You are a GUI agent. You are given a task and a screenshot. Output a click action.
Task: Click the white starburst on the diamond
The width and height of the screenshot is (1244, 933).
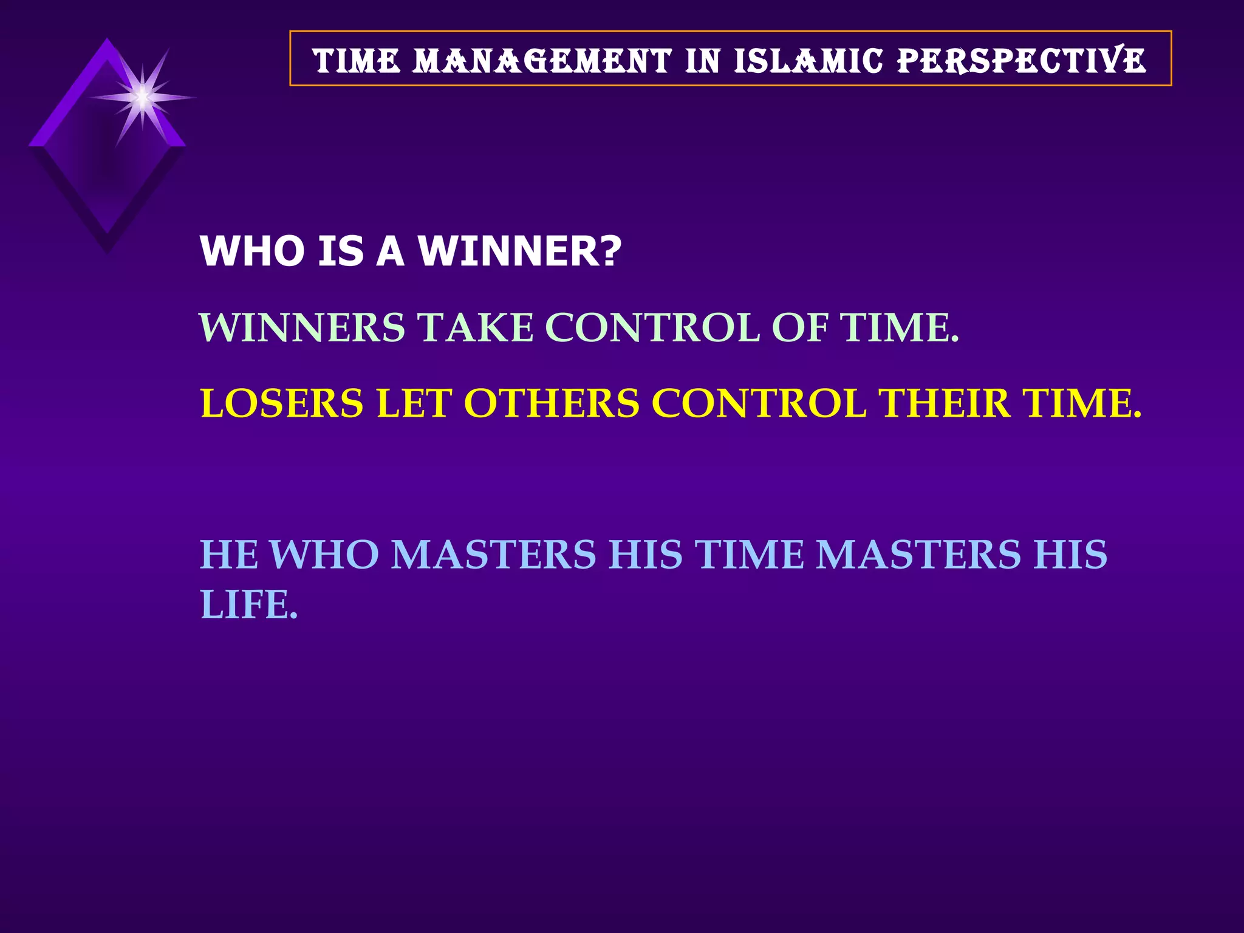point(142,97)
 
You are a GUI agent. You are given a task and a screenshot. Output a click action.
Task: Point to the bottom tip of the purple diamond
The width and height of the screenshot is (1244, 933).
point(108,249)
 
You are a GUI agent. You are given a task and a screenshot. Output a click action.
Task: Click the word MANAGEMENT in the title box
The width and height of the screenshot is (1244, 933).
point(542,61)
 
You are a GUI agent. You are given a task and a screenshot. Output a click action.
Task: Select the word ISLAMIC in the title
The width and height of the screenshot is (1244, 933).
point(808,61)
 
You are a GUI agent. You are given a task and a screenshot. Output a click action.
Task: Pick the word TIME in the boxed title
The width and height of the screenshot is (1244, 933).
point(357,61)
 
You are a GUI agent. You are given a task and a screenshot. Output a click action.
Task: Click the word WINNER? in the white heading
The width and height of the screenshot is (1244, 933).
point(520,251)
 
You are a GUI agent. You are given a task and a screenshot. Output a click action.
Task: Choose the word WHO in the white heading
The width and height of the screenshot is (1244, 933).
point(252,251)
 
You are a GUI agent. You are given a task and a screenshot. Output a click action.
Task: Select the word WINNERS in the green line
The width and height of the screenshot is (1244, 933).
point(302,327)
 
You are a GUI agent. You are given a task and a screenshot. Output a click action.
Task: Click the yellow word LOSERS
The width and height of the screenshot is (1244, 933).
point(282,403)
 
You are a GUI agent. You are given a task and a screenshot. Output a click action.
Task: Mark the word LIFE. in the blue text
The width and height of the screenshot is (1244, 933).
point(249,605)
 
